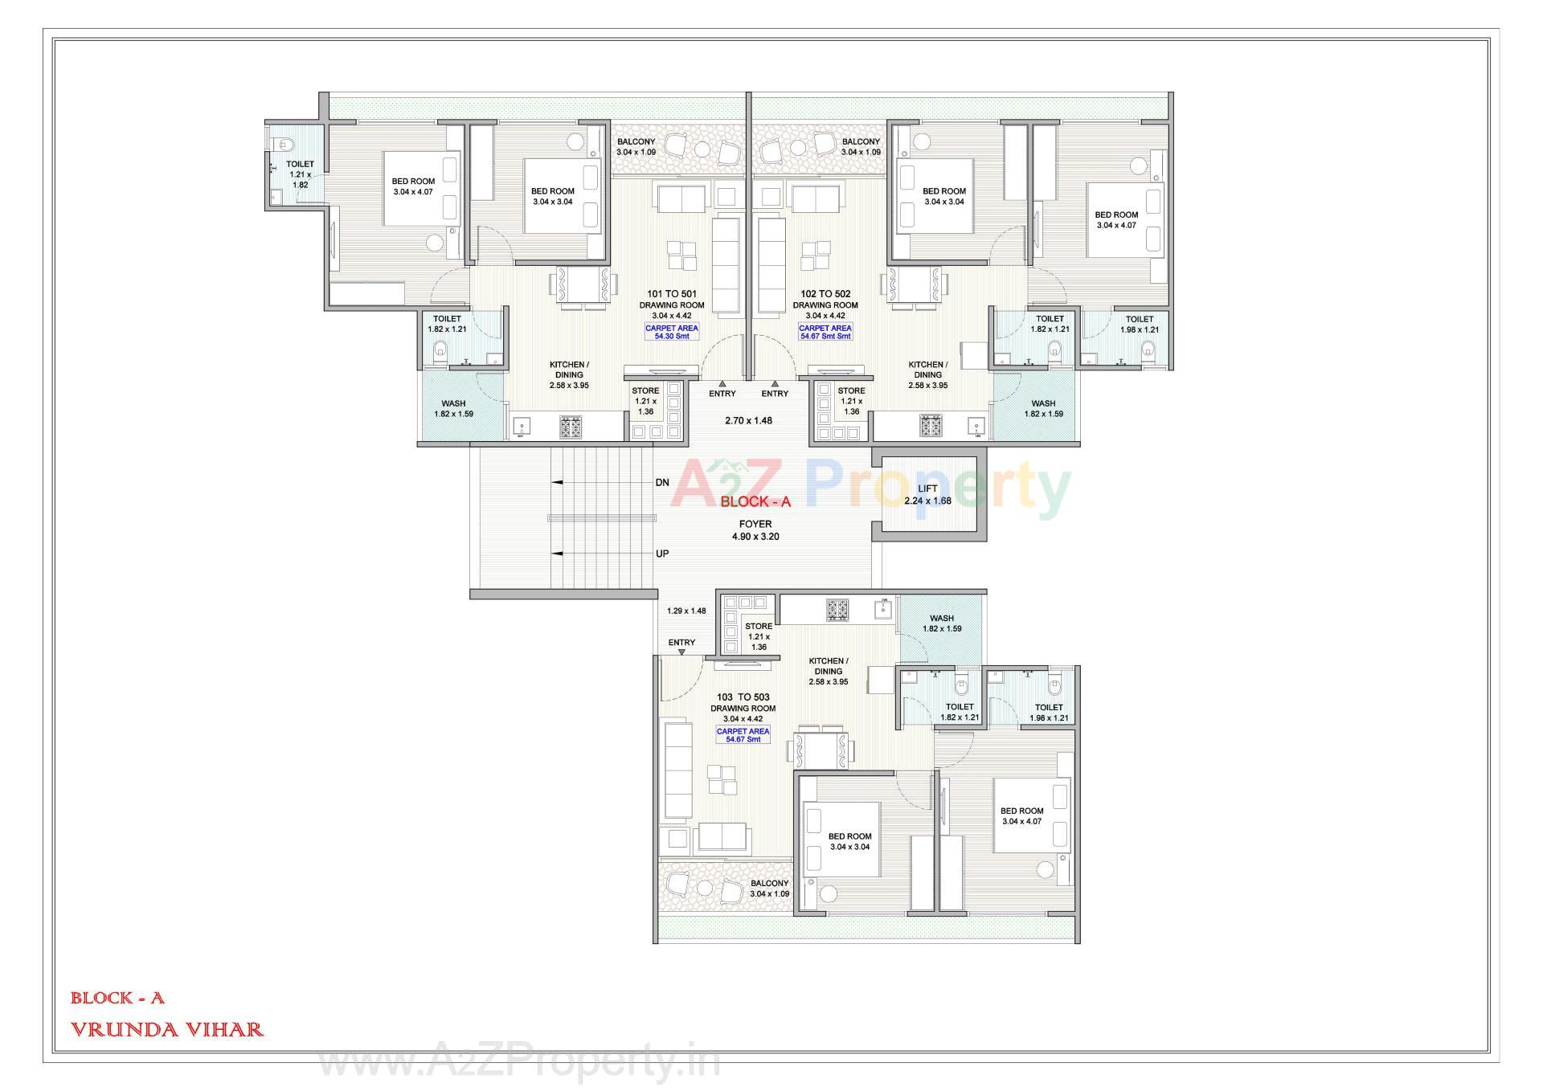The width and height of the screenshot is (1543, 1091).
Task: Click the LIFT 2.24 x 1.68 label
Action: [927, 495]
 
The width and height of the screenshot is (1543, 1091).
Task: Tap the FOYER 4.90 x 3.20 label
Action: [755, 530]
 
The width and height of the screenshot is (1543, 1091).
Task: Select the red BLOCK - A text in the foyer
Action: [755, 502]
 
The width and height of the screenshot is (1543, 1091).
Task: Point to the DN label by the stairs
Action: [662, 483]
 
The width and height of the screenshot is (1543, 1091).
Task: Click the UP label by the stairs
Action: [662, 554]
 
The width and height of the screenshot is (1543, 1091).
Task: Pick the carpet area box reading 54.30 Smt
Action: [672, 332]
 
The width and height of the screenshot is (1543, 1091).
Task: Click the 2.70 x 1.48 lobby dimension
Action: [748, 420]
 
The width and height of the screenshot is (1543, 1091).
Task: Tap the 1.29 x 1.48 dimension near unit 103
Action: [686, 611]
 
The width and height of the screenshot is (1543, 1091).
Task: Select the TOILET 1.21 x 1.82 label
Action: [301, 174]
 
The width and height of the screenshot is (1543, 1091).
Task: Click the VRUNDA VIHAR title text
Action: [167, 1029]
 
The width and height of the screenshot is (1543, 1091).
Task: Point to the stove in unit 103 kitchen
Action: [838, 609]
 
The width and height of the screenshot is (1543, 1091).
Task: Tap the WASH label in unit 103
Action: [942, 623]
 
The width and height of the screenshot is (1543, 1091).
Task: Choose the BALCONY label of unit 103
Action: [770, 888]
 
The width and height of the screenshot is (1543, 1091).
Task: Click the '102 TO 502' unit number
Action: [825, 294]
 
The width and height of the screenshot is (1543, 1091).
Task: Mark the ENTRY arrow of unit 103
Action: [681, 652]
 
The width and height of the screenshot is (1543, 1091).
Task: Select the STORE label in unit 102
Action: [851, 401]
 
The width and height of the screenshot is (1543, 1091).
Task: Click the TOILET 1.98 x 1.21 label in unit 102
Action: [1140, 324]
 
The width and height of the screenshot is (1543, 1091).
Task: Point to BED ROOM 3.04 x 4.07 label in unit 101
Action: [413, 186]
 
